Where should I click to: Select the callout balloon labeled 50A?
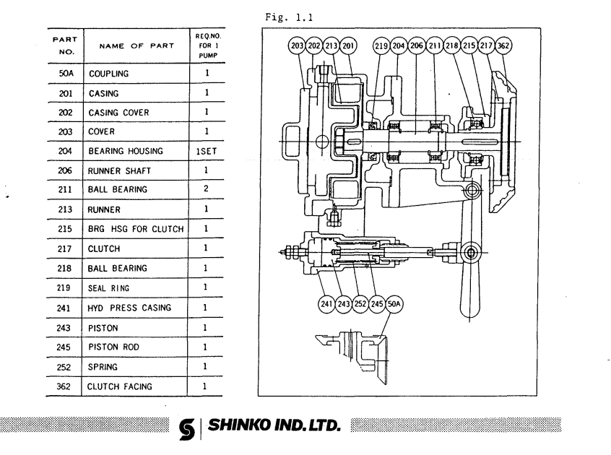(395, 303)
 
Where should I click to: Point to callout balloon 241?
(326, 303)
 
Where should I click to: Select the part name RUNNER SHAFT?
(118, 171)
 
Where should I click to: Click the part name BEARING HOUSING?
(124, 152)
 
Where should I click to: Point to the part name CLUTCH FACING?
(120, 386)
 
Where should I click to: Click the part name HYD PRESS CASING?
(130, 308)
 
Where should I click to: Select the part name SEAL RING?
(111, 288)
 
